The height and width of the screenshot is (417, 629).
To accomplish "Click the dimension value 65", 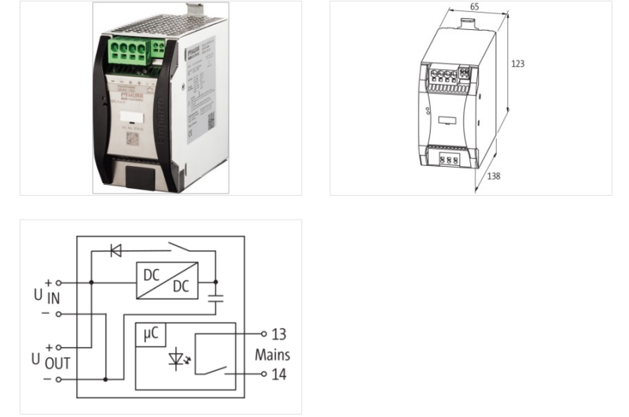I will [474, 7].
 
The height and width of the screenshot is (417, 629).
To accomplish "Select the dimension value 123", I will [517, 64].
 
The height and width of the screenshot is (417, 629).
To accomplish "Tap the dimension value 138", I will [494, 176].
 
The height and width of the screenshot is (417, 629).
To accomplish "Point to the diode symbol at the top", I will [116, 251].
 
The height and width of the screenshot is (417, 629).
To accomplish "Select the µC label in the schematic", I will [149, 334].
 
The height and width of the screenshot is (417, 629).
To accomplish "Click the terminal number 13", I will [278, 335].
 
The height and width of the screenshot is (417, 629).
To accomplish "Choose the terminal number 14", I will [278, 375].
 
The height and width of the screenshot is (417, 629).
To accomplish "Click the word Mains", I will [272, 355].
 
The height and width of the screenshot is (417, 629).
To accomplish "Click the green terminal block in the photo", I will [131, 56].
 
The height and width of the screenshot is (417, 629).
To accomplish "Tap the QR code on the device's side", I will [210, 120].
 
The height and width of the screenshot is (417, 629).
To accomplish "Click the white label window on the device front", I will [130, 120].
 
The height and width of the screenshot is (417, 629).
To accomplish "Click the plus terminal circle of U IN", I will [59, 282].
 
